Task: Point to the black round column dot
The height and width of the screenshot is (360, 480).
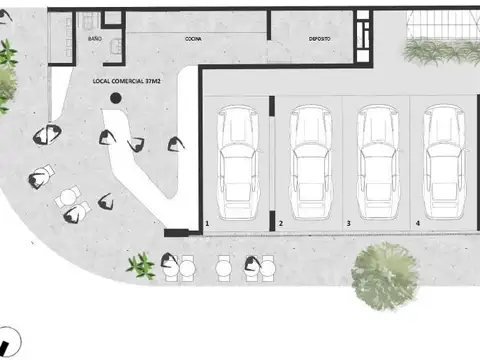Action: coord(117,98)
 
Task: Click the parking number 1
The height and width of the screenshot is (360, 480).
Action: coord(207,223)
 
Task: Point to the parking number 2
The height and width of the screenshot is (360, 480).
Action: coord(281,223)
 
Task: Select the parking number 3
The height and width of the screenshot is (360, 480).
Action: coord(348,223)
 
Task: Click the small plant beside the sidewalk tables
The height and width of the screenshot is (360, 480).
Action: coord(141,265)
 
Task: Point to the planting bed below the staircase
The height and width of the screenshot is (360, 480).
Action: coord(440,51)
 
